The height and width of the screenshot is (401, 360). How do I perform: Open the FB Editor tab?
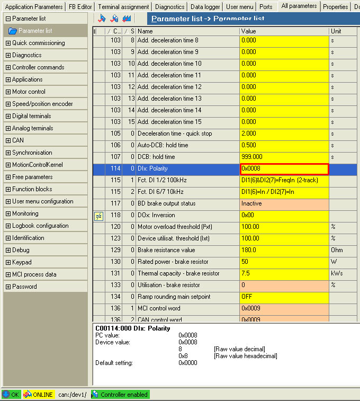(x=80, y=7)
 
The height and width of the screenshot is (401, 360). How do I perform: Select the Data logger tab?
(x=205, y=7)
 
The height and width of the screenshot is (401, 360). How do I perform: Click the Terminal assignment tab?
(x=123, y=7)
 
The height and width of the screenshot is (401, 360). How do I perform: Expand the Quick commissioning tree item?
(x=38, y=43)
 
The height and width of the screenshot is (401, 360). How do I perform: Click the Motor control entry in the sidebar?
(x=29, y=92)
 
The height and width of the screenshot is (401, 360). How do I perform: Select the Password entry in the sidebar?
(x=24, y=287)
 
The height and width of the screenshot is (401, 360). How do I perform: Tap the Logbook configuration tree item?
(x=40, y=226)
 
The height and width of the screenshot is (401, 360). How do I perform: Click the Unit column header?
(x=336, y=31)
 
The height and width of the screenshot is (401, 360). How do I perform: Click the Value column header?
(x=248, y=31)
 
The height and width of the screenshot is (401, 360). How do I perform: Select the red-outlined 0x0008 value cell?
(x=284, y=168)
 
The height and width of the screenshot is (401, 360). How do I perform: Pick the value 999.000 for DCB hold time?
(x=284, y=157)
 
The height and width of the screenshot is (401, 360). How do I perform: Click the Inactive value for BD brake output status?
(x=284, y=203)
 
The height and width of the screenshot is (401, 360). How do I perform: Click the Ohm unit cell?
(x=337, y=250)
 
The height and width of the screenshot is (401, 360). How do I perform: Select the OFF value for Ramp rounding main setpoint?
(x=284, y=297)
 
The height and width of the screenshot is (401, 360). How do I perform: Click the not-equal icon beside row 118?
(x=98, y=215)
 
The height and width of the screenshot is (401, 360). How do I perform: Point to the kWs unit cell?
(x=337, y=273)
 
